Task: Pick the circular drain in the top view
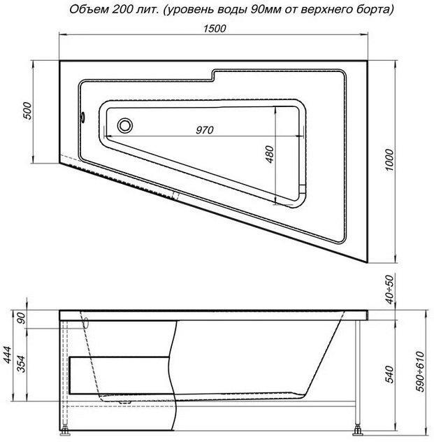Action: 125,126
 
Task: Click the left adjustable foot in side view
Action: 67,428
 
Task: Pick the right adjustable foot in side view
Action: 358,428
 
